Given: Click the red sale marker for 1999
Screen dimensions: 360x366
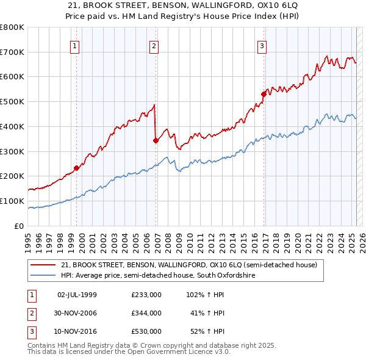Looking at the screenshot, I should [x=77, y=168].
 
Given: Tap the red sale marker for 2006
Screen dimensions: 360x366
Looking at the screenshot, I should [x=156, y=140].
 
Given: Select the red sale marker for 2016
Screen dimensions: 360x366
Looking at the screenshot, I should [x=264, y=94].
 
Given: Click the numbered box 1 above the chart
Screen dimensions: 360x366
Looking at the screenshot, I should [x=74, y=45].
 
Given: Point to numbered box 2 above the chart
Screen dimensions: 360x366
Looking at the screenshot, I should [x=154, y=45].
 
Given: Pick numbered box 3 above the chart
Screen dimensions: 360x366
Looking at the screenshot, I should [x=262, y=45].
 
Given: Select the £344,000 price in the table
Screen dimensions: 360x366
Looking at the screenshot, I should [x=146, y=313].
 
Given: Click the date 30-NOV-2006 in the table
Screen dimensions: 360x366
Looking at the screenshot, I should [x=77, y=313].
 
